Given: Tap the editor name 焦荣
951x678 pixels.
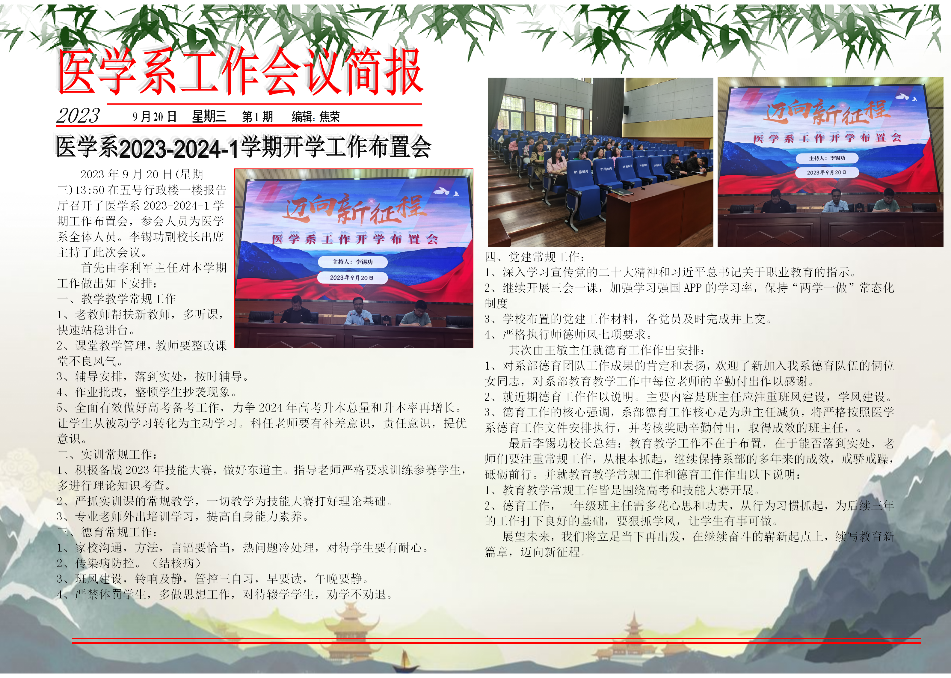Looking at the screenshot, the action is pyautogui.click(x=329, y=117).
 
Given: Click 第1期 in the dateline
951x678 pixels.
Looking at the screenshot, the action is pyautogui.click(x=257, y=117).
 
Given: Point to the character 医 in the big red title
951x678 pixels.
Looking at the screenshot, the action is pyautogui.click(x=77, y=71).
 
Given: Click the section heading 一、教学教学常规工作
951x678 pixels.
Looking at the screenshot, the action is pyautogui.click(x=117, y=299).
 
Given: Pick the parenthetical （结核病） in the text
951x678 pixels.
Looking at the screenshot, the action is pyautogui.click(x=176, y=563).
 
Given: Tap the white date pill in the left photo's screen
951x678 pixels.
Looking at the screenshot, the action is pyautogui.click(x=352, y=278).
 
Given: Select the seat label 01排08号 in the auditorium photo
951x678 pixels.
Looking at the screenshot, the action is pyautogui.click(x=581, y=172).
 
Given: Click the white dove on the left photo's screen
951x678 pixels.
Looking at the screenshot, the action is pyautogui.click(x=442, y=191).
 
